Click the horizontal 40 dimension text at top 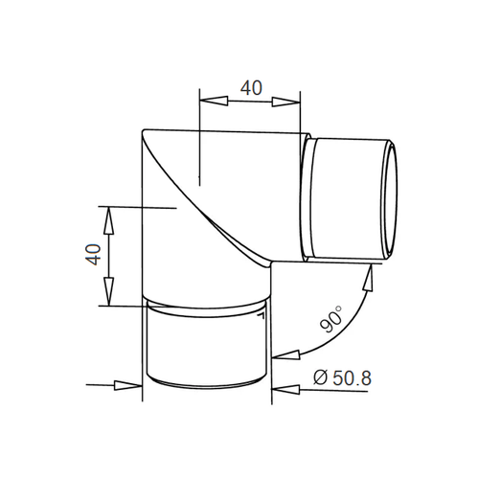tap(251, 88)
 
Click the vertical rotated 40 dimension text tap(94, 255)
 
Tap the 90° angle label tap(331, 319)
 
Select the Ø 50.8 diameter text tap(342, 378)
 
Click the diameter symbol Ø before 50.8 tap(321, 378)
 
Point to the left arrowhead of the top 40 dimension tap(214, 101)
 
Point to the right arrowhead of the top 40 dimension tap(286, 102)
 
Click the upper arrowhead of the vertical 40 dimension tap(109, 221)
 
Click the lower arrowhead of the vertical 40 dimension tap(109, 291)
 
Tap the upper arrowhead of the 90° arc tap(370, 278)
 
